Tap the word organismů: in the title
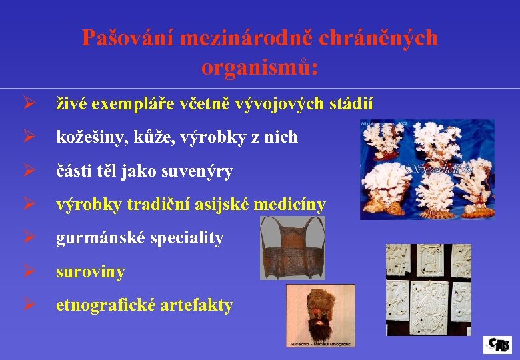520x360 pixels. coord(259,67)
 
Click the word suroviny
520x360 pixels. coord(91,272)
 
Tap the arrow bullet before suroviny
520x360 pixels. coord(27,272)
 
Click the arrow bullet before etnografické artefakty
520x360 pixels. coord(27,305)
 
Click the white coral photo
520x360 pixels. coord(427,169)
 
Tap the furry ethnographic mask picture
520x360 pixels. coord(321,315)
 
